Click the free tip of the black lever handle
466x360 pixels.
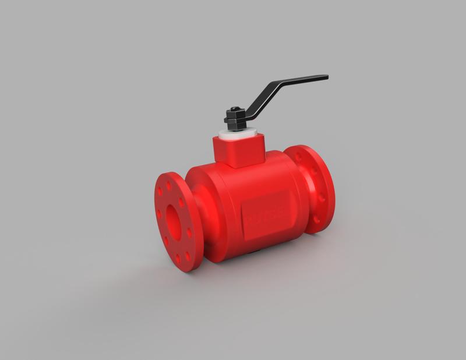point(326,77)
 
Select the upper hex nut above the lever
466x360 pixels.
point(234,112)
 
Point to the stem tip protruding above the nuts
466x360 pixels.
point(233,108)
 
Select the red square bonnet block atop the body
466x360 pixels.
point(239,150)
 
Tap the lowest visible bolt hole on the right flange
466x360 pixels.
point(316,220)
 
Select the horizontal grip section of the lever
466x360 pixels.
point(303,80)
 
